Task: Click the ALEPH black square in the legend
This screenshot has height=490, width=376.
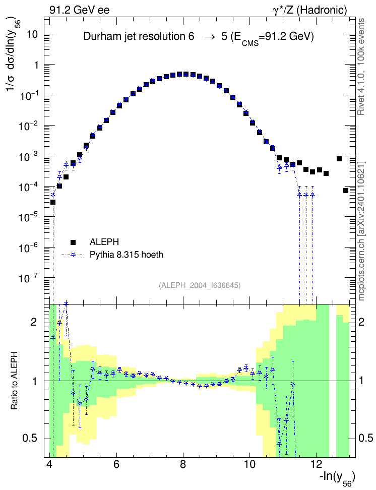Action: (73, 242)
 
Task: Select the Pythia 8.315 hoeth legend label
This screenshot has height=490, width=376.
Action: (127, 255)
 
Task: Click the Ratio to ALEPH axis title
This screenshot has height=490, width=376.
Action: (15, 381)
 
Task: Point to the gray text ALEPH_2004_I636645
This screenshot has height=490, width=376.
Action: (200, 285)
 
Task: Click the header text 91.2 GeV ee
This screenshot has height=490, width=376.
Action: (80, 10)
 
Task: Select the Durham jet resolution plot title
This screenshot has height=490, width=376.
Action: (199, 37)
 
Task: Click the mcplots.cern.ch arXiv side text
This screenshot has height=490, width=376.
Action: (361, 231)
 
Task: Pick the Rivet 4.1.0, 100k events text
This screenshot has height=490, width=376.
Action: (361, 67)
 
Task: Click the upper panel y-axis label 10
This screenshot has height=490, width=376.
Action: (32, 34)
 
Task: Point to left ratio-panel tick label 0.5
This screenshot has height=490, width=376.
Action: (30, 438)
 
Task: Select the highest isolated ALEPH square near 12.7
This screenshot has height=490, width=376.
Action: (339, 159)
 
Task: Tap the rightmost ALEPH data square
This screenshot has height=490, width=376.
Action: (346, 191)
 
